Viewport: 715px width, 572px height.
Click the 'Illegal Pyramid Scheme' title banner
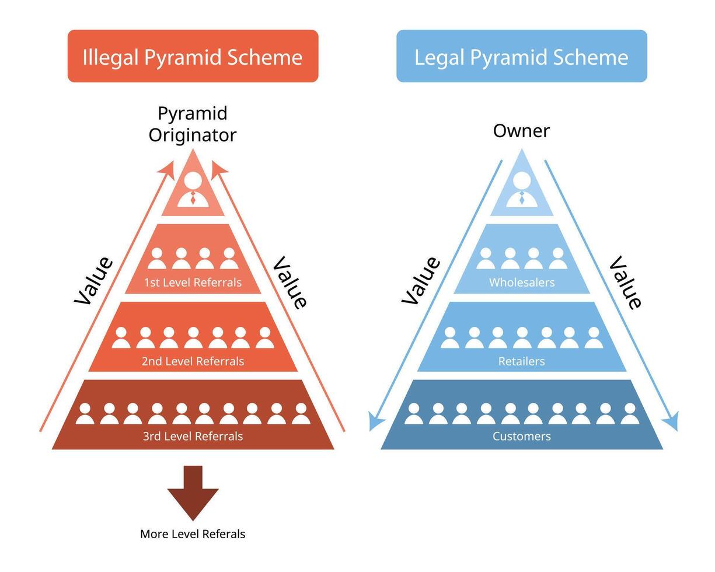click(193, 57)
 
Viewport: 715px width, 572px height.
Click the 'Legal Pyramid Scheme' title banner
click(521, 57)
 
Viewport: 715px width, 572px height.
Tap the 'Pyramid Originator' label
click(193, 124)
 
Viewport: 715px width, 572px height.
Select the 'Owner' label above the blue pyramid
click(521, 131)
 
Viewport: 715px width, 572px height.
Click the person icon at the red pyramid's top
click(193, 190)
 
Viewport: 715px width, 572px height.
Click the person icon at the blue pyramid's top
click(521, 190)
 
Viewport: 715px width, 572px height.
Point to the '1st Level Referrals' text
click(193, 282)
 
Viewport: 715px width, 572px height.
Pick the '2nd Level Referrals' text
click(193, 361)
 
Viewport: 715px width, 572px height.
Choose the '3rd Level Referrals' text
click(193, 436)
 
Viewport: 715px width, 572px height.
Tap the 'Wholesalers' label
click(521, 282)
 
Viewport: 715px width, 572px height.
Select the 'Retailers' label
click(521, 361)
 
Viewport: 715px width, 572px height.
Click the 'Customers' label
click(521, 436)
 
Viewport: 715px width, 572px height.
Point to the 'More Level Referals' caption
click(193, 534)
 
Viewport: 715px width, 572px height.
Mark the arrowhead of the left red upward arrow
click(168, 168)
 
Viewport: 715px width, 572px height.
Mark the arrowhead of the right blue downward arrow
click(672, 421)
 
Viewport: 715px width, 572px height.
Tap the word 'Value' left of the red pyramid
click(93, 280)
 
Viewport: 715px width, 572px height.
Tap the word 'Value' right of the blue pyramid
click(625, 282)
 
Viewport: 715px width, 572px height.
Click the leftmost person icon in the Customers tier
click(414, 414)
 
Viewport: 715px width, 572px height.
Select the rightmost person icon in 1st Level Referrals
click(229, 259)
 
